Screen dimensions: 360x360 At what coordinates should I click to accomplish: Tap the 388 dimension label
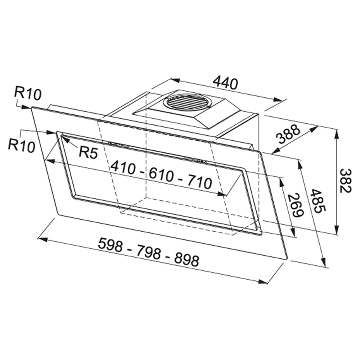[x=288, y=134]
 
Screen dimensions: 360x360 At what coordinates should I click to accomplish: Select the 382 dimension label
[x=346, y=181]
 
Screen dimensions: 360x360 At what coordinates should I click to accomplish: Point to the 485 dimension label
[x=318, y=201]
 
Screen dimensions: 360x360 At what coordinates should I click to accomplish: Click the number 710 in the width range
[x=200, y=181]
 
